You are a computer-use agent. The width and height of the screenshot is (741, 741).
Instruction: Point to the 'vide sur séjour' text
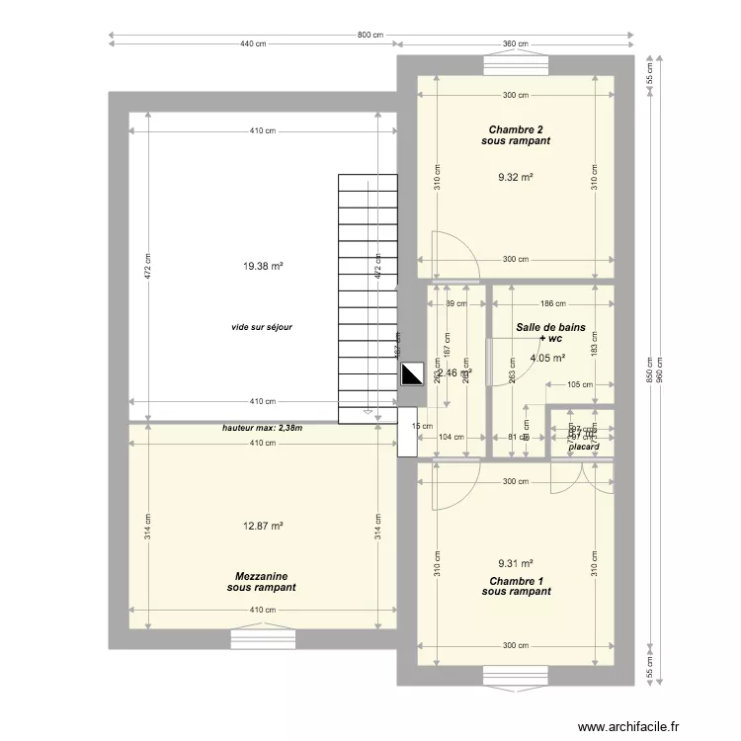pyautogui.click(x=261, y=326)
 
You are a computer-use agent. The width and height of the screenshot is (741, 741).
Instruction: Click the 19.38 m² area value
pyautogui.click(x=263, y=266)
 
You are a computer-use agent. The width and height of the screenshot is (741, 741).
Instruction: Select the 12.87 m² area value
pyautogui.click(x=263, y=527)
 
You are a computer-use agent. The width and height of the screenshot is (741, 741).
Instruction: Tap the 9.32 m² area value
pyautogui.click(x=516, y=178)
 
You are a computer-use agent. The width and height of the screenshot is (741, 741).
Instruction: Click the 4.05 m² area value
pyautogui.click(x=547, y=359)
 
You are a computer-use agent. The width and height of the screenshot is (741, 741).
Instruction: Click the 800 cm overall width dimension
pyautogui.click(x=370, y=35)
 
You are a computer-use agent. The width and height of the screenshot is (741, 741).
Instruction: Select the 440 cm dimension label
pyautogui.click(x=254, y=43)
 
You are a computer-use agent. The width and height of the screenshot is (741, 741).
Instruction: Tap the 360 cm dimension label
pyautogui.click(x=516, y=43)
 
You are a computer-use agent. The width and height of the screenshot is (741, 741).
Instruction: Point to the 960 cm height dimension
pyautogui.click(x=661, y=370)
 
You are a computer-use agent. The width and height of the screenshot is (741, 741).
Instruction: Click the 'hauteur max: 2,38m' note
pyautogui.click(x=262, y=428)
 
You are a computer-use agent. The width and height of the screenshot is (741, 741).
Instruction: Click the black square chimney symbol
pyautogui.click(x=411, y=374)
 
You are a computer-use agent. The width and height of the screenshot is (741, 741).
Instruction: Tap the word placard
pyautogui.click(x=583, y=447)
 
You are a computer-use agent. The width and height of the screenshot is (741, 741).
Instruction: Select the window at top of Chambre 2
pyautogui.click(x=516, y=65)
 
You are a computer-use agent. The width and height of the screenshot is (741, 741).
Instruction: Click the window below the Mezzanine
pyautogui.click(x=262, y=639)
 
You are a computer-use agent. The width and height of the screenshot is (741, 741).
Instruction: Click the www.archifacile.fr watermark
pyautogui.click(x=629, y=726)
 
